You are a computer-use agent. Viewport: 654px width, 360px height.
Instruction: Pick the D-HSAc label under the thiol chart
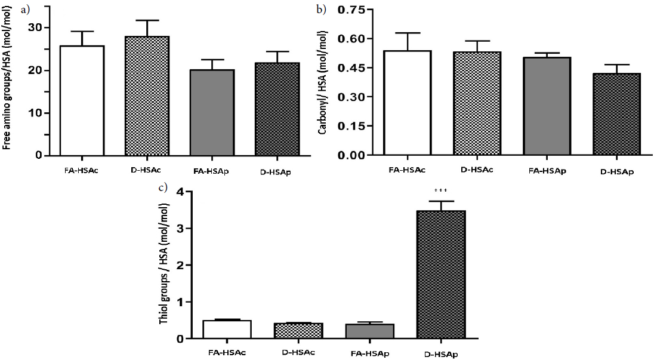point(295,352)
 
